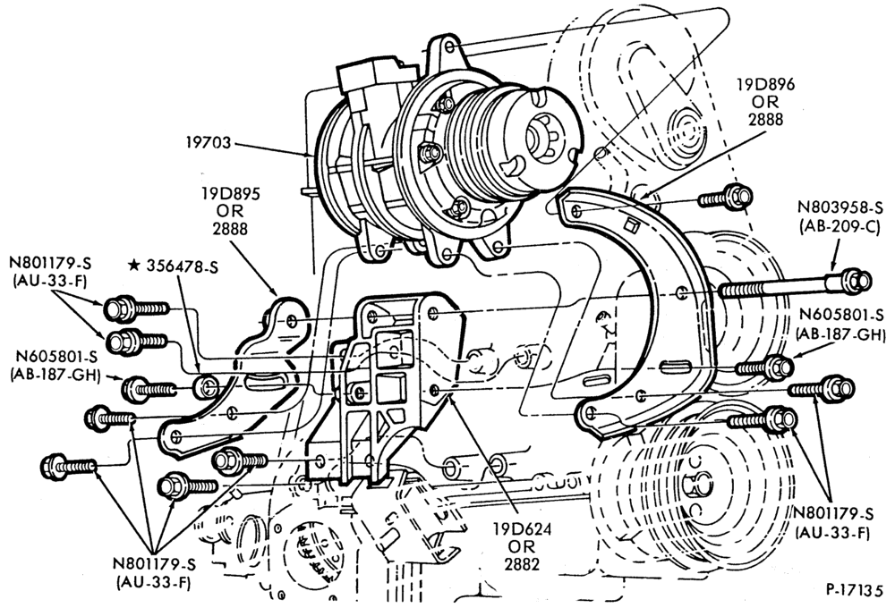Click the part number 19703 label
209,142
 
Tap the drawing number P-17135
854,590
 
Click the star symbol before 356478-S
134,266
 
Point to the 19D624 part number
523,529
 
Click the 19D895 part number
230,194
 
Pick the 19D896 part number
765,85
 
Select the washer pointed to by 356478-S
205,388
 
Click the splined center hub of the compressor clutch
538,134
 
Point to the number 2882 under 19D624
523,563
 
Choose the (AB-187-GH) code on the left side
54,375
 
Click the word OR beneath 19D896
765,102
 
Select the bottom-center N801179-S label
154,564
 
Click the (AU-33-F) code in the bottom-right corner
832,533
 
